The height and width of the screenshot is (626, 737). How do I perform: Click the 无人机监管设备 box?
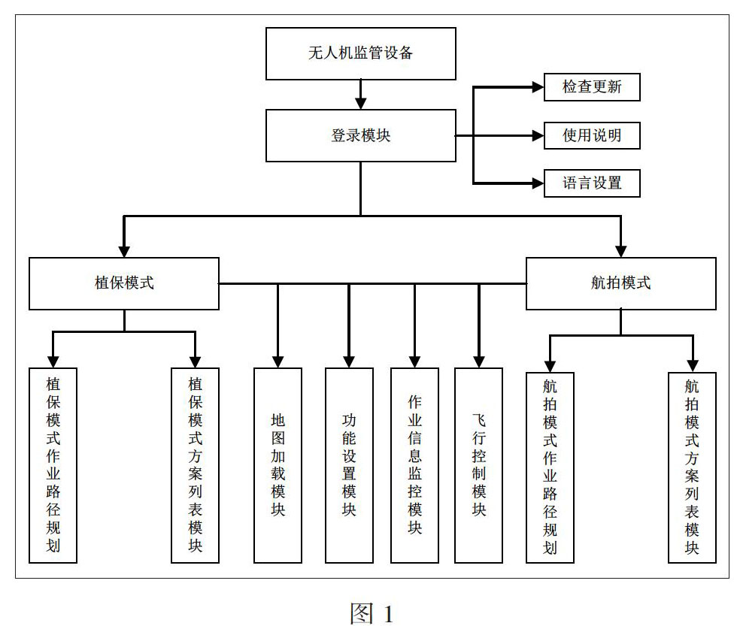click(x=360, y=53)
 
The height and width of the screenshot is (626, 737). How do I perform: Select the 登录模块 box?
click(x=360, y=136)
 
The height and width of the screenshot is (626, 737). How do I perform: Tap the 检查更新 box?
click(x=592, y=87)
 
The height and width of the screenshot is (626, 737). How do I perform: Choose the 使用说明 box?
click(x=592, y=136)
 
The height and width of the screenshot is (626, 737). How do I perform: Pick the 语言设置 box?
click(x=592, y=183)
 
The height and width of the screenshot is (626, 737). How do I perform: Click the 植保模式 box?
click(x=124, y=283)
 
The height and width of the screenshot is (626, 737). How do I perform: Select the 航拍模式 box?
click(x=621, y=283)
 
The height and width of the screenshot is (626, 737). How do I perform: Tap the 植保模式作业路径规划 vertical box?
click(x=53, y=465)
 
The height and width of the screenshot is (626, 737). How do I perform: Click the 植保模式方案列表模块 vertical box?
click(x=195, y=465)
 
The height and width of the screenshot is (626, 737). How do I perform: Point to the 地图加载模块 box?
click(x=278, y=465)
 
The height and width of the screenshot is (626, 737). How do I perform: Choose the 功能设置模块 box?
click(x=349, y=465)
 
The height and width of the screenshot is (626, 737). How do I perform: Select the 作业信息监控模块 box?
click(x=414, y=465)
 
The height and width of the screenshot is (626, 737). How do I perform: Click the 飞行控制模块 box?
click(x=478, y=465)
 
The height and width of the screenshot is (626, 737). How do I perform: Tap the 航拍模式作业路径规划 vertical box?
click(x=550, y=467)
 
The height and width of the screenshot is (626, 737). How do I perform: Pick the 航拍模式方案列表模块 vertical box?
click(x=693, y=467)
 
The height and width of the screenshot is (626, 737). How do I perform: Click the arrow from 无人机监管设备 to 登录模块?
click(x=360, y=95)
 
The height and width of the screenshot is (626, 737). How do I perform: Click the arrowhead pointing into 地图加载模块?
click(x=278, y=361)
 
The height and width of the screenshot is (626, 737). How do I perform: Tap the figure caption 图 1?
click(x=372, y=613)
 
